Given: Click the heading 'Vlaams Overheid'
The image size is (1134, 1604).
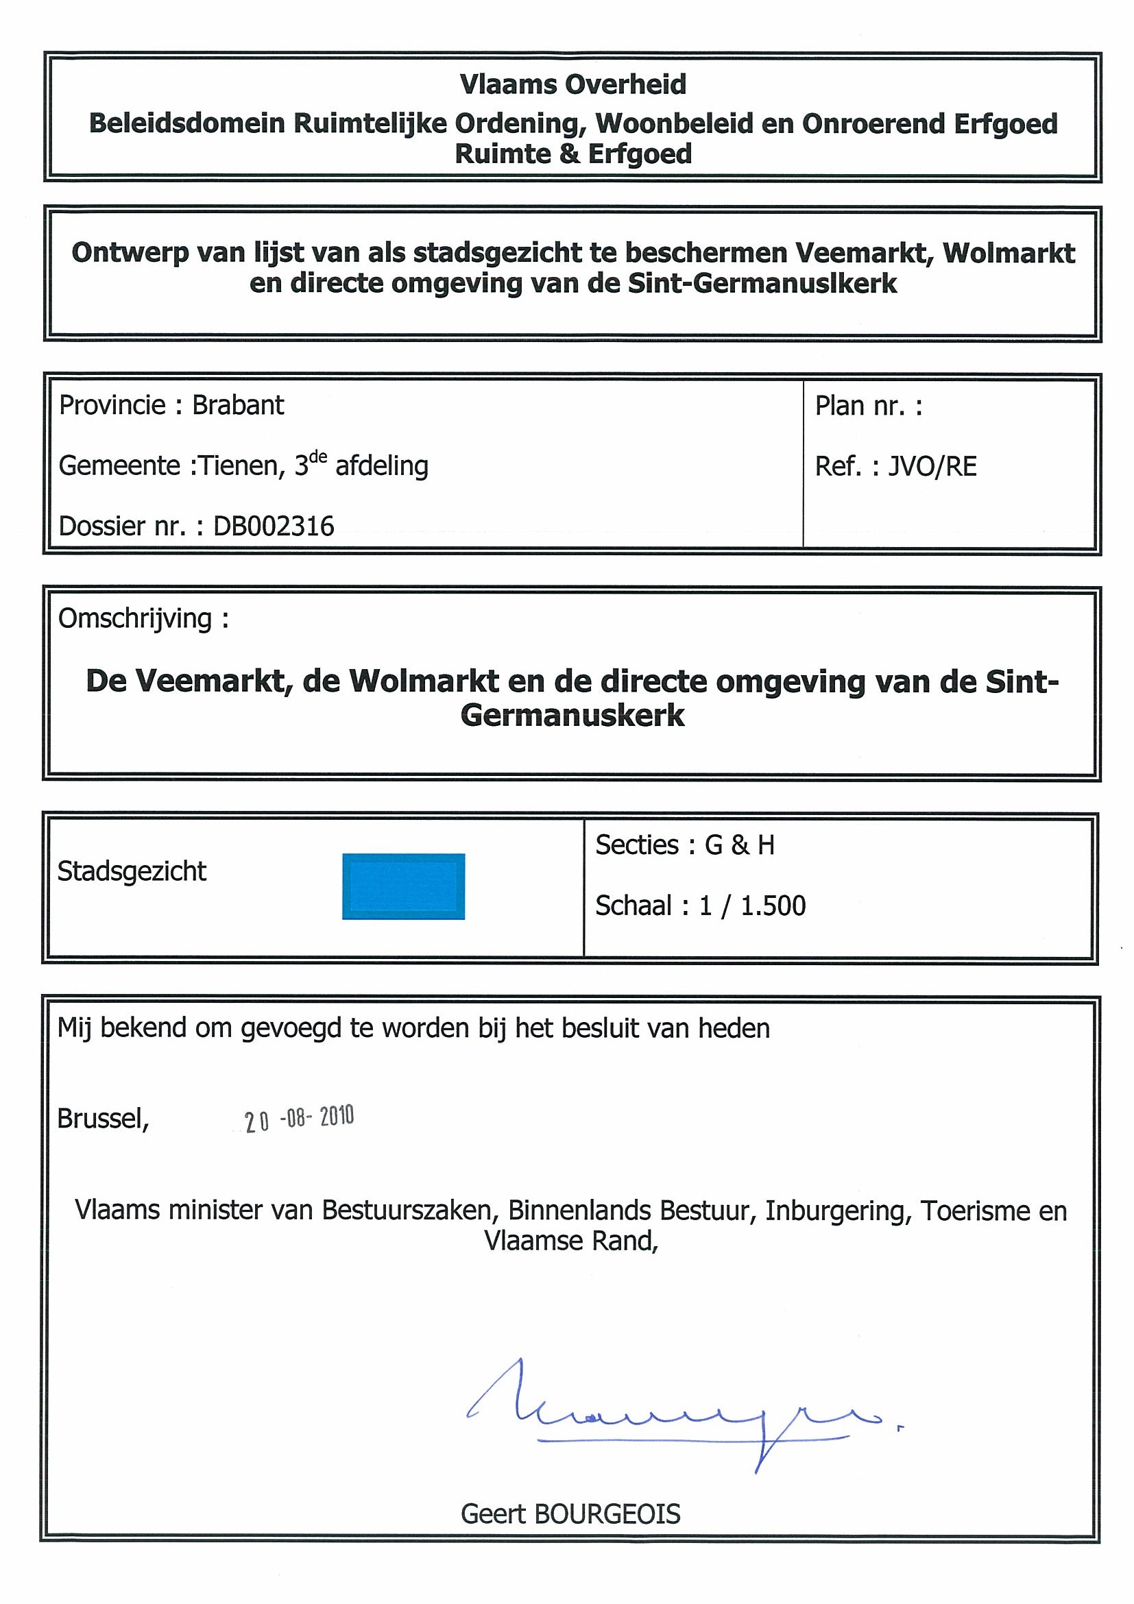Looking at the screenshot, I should [572, 84].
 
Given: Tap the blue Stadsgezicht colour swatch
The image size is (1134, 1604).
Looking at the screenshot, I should [403, 886].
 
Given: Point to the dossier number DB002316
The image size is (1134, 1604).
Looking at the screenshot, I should [273, 526].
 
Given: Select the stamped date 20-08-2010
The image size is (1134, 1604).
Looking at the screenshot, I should [299, 1119].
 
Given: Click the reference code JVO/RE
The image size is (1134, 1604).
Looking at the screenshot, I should [931, 466].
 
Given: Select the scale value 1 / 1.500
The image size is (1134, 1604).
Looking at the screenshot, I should [752, 906].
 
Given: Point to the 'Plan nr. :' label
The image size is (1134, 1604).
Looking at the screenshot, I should [869, 405].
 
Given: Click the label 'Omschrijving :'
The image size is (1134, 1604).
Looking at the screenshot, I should [143, 618].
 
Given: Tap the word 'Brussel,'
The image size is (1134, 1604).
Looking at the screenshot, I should [103, 1119].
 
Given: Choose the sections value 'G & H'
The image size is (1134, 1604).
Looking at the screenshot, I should [739, 845].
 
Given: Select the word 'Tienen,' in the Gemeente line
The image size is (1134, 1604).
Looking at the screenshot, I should [242, 466].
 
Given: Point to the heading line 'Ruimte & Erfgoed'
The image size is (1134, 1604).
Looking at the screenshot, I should [572, 154].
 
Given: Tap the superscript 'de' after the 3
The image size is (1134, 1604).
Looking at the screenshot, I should [318, 457].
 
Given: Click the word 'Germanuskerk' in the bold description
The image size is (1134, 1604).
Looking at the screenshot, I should [572, 716].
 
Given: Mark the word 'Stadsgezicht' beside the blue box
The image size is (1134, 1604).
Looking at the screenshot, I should [132, 871].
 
